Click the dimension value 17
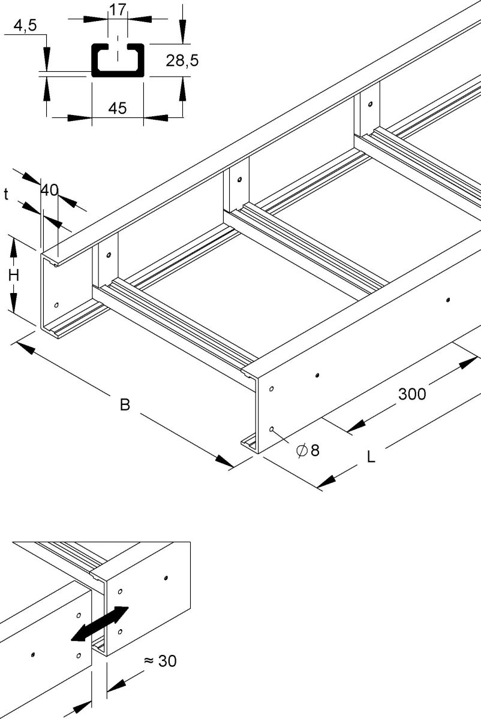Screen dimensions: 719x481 pos(117,10)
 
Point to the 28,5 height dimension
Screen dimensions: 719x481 pos(182,61)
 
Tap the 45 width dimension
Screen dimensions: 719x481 pos(117,108)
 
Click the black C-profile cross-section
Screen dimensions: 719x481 pos(117,61)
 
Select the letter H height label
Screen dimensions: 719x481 pos(13,276)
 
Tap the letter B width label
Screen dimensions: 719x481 pos(125,405)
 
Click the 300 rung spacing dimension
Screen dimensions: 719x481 pos(413,394)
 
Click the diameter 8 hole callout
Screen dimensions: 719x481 pos(308,449)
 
